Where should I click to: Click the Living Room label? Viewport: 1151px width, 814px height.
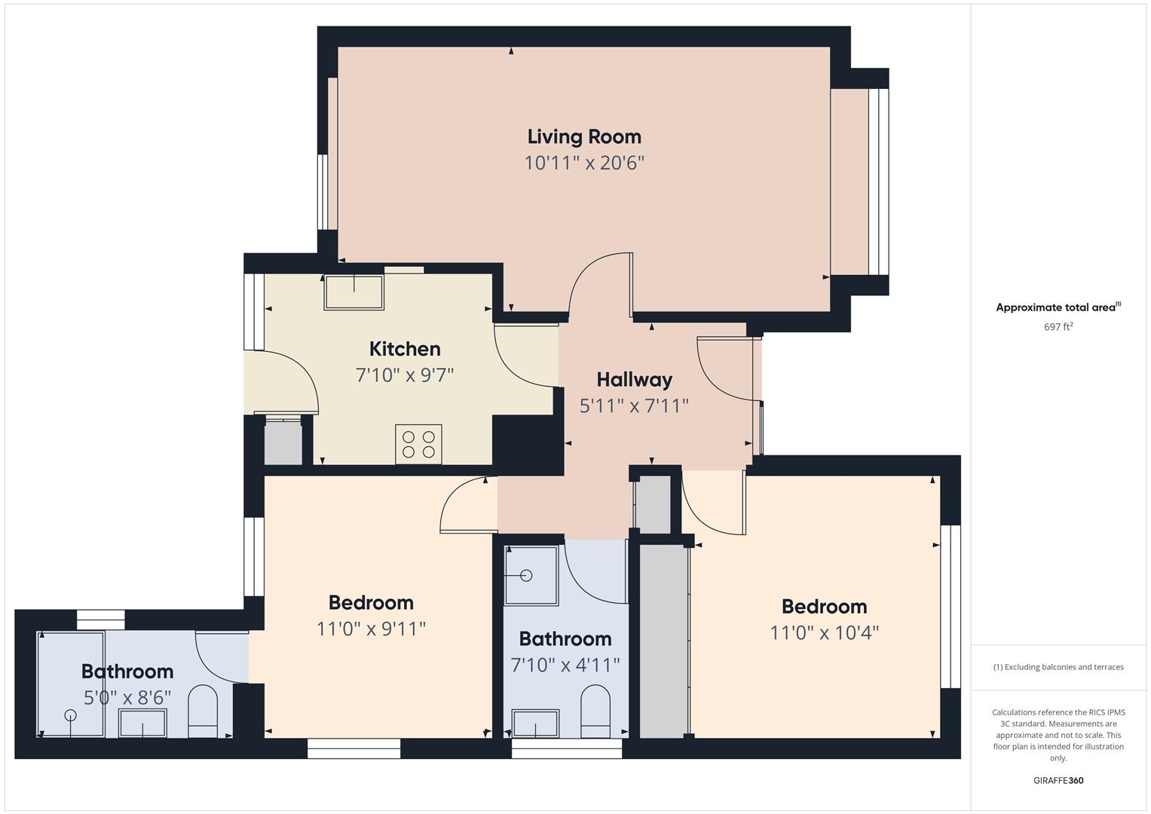584,136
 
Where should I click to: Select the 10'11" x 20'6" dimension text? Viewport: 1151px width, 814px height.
584,163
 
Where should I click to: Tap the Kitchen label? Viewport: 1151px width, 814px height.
405,349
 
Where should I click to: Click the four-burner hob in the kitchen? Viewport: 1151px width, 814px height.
418,444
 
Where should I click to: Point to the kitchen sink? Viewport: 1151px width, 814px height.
354,292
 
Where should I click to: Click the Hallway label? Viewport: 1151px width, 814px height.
634,380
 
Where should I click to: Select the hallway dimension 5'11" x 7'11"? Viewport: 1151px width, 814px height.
634,406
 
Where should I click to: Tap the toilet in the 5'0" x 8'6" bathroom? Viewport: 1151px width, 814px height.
202,711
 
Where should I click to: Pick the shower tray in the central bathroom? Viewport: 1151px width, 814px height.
531,575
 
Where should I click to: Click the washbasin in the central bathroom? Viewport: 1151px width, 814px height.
535,724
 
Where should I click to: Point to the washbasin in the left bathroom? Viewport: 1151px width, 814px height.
142,723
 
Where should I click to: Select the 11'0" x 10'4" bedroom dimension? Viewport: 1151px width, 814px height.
824,632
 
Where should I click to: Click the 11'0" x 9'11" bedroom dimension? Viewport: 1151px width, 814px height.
371,629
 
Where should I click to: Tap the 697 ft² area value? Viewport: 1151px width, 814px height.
1058,327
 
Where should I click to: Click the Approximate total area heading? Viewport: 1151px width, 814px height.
1058,308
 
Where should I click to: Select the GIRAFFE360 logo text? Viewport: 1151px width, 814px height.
1058,780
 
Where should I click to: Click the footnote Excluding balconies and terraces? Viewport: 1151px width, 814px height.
1058,667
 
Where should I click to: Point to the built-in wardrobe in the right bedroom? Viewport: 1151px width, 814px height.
663,641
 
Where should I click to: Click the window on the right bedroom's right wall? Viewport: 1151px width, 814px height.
950,607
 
